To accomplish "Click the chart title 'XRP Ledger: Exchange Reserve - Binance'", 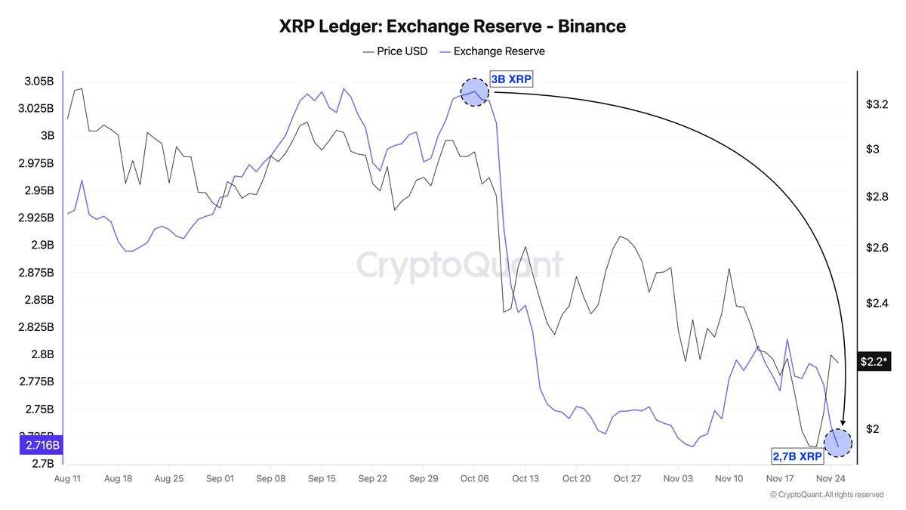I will pos(452,26).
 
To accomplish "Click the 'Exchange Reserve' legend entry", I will pos(492,51).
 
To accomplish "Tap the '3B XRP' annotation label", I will pos(511,79).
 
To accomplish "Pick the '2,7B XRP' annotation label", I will pos(797,456).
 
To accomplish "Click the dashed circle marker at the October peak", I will pos(474,92).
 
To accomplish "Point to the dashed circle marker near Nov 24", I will pos(838,442).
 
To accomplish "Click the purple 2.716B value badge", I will pos(42,445).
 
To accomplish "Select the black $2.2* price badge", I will pos(874,362).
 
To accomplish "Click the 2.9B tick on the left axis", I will pos(42,245).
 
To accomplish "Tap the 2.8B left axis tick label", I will pos(42,354).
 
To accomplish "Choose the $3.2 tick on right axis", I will pos(877,104).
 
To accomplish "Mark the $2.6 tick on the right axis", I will pos(877,248).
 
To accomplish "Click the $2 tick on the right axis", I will pos(872,429).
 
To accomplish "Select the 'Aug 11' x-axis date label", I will pos(67,478).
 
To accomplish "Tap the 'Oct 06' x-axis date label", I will pos(474,478).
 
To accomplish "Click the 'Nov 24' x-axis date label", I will pos(830,478).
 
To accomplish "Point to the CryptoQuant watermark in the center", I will pos(459,265).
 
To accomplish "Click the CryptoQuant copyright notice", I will pos(827,495).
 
